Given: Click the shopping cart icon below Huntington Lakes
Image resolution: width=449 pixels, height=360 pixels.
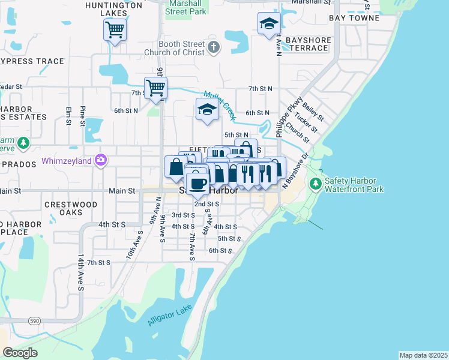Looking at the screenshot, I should pos(115,29).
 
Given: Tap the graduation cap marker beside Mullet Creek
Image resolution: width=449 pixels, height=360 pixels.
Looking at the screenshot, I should pos(207,109).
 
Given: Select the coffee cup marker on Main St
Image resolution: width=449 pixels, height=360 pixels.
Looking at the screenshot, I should pos(197,182).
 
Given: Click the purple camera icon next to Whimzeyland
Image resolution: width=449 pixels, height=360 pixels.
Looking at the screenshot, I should pos(101,161).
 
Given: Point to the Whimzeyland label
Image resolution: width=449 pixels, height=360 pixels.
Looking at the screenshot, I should pos(67,161).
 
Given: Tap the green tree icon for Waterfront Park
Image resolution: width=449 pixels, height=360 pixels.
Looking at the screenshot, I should pos(315,182).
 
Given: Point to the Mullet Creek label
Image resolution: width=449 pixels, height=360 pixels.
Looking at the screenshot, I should pos(218,106).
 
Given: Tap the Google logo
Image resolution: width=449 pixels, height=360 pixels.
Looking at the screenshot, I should pos(20,352).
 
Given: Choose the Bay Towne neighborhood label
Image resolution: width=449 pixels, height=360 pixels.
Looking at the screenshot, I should pos(354,18).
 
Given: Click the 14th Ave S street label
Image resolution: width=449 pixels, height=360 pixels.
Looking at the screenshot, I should pos(80,272).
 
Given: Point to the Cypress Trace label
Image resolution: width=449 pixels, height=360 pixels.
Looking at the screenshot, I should pos(32,61).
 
